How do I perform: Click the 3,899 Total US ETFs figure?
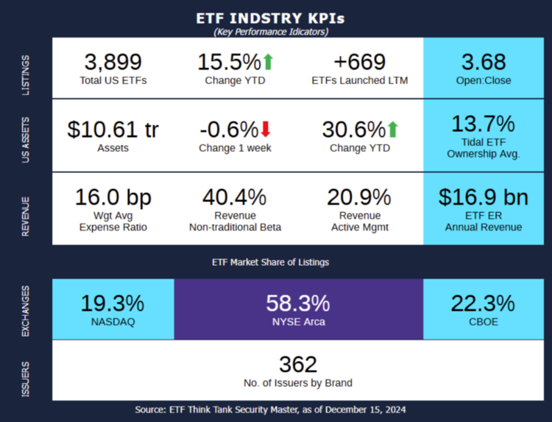coord(113,62)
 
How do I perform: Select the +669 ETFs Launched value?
coord(360,62)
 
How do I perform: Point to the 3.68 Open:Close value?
coord(484,62)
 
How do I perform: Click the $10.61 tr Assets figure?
coord(113,130)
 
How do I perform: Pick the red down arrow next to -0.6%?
coord(266,130)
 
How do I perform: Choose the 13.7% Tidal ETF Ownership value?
coord(484,123)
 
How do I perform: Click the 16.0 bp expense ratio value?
coord(113,197)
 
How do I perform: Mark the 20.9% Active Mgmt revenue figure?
coord(360,197)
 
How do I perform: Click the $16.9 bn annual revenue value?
coord(484,197)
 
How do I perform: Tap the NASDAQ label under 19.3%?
coord(113,322)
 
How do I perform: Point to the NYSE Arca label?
coord(298,322)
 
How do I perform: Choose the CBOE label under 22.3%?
coord(484,322)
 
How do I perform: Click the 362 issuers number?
coord(298,365)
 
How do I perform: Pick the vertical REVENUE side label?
coord(26,217)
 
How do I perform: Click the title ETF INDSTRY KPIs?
coord(270,18)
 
